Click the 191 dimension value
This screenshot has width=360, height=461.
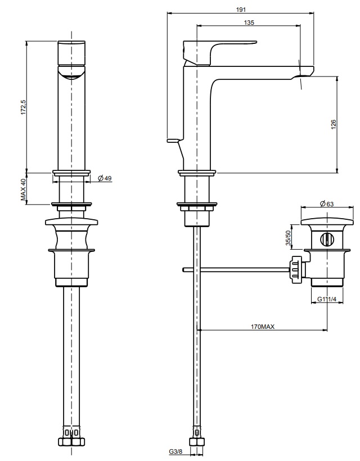(x=241, y=10)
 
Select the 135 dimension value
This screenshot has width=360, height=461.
(x=249, y=22)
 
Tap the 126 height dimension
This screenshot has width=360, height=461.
(x=333, y=125)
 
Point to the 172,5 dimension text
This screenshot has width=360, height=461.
(x=23, y=107)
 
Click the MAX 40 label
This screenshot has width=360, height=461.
(x=23, y=189)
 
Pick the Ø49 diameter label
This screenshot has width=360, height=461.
(x=105, y=178)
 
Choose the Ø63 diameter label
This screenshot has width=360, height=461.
(x=327, y=204)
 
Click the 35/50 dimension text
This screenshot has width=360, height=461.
(x=288, y=238)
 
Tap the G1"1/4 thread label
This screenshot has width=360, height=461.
(x=327, y=299)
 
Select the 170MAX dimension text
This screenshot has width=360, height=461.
(x=262, y=327)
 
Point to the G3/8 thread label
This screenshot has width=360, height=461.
(x=175, y=451)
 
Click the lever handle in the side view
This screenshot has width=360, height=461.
(x=220, y=52)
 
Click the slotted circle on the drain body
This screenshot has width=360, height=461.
(x=326, y=239)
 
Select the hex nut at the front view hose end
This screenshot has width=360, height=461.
(x=71, y=442)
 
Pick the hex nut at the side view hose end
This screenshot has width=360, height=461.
(x=197, y=442)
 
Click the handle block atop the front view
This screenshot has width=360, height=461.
(x=71, y=52)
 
